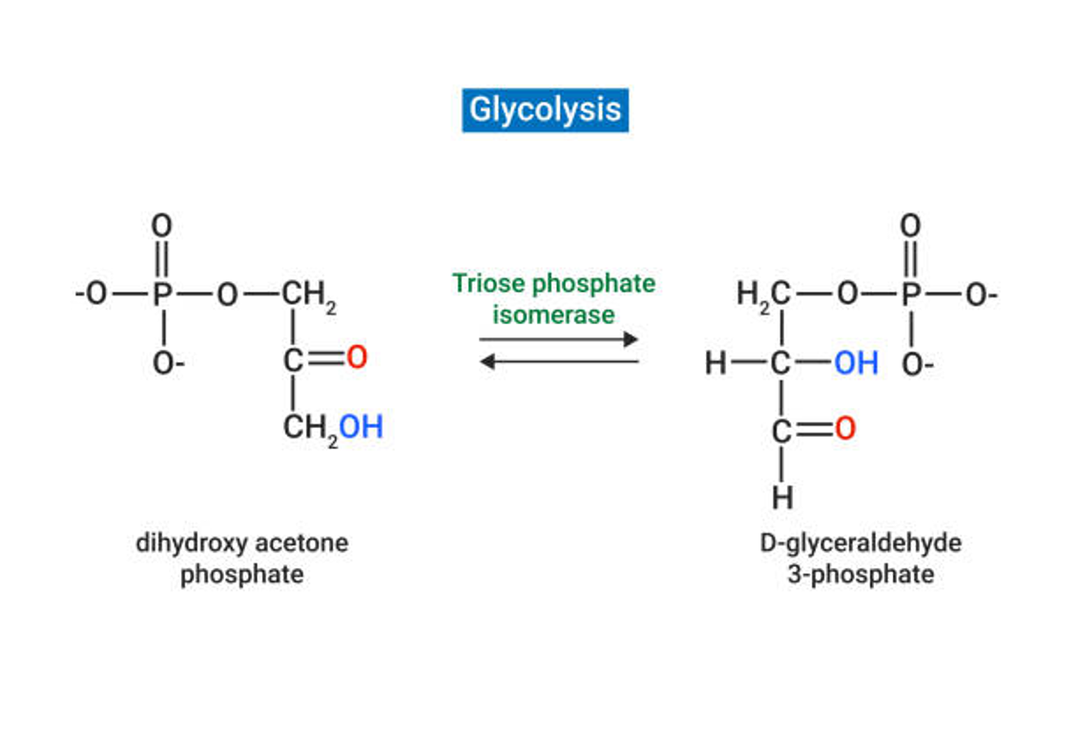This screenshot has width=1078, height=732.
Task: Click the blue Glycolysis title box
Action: [545, 110]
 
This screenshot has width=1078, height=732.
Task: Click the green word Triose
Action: [487, 284]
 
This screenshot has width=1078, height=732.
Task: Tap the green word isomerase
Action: [553, 315]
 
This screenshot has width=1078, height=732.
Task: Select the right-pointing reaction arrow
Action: [558, 339]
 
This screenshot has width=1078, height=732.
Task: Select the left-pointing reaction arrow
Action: [558, 361]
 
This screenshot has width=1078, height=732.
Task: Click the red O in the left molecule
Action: [356, 358]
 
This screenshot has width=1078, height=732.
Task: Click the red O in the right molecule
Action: [844, 429]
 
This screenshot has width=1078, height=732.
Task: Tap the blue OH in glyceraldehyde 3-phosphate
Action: [856, 363]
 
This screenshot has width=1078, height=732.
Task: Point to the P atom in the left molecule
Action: [162, 295]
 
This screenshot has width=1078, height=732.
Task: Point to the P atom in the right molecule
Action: [911, 295]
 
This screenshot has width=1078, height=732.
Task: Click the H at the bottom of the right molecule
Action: [782, 497]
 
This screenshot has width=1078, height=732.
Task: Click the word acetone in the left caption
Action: [301, 543]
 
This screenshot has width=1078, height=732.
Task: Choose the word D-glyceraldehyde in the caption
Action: [860, 543]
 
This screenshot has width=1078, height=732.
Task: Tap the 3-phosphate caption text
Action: [860, 575]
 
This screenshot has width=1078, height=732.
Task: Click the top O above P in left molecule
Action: [162, 227]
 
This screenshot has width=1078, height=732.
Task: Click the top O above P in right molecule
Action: [911, 227]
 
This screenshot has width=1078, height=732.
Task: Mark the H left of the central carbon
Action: [715, 363]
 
